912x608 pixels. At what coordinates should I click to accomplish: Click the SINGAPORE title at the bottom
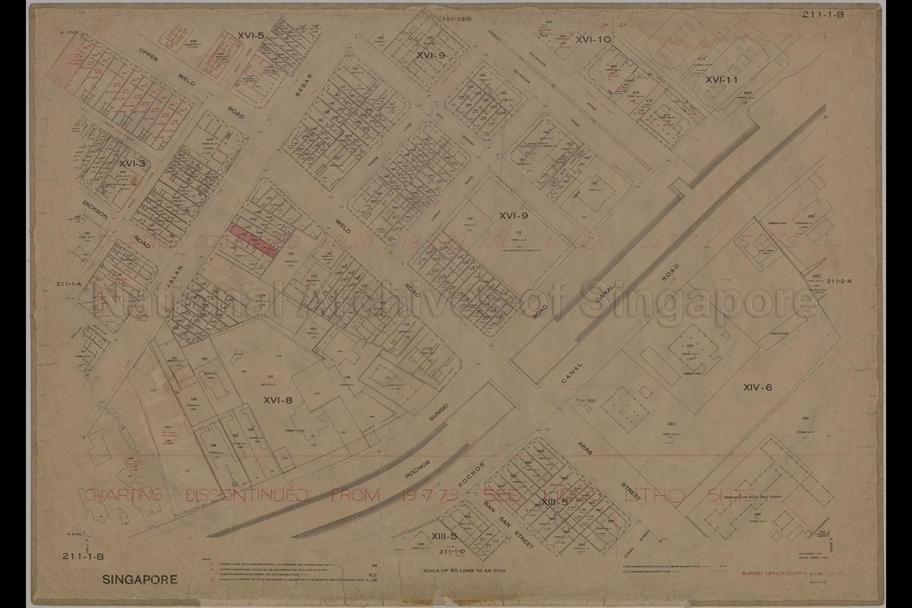[140, 579]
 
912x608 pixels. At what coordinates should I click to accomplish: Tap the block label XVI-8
[278, 400]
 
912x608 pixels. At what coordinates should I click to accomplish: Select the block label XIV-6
[757, 388]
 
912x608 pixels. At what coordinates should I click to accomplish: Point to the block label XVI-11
[721, 80]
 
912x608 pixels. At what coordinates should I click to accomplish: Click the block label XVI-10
[593, 39]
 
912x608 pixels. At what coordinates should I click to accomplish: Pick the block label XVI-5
[250, 36]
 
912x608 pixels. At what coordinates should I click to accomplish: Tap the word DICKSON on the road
[95, 209]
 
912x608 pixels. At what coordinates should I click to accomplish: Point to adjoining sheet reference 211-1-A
[70, 284]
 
